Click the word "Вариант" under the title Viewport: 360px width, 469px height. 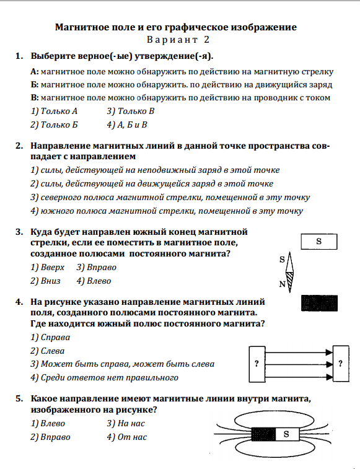point(172,40)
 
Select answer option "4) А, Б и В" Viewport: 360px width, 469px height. point(127,125)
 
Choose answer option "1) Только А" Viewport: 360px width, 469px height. point(54,112)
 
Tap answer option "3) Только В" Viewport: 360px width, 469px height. point(131,112)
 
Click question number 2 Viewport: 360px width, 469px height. point(19,146)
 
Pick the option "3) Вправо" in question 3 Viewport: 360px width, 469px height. point(97,267)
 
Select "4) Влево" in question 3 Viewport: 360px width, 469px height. point(94,281)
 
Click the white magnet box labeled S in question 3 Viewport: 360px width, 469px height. point(319,242)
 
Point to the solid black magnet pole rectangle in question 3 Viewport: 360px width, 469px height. point(319,304)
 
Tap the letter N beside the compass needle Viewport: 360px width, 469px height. point(282,284)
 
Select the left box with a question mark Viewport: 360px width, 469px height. point(257,364)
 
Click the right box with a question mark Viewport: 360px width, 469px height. point(341,364)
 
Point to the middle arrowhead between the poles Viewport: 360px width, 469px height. point(329,364)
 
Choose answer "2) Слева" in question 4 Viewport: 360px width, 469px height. point(47,351)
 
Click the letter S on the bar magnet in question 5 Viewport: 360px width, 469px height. point(286,434)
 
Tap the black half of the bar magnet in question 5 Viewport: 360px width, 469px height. point(263,434)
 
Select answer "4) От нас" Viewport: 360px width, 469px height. point(127,437)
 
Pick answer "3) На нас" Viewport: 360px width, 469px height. point(126,423)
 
